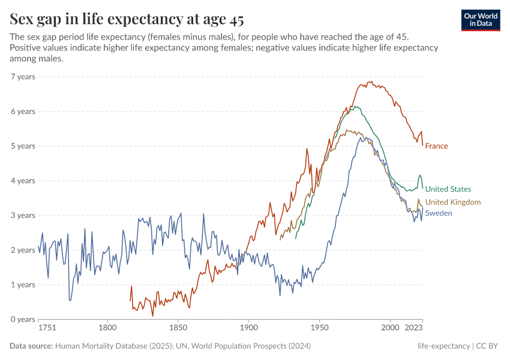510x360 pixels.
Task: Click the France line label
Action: pos(436,146)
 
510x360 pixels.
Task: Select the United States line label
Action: pos(448,189)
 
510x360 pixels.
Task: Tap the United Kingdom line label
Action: pos(452,202)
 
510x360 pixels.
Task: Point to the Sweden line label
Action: pos(439,213)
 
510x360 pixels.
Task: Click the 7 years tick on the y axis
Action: pos(23,77)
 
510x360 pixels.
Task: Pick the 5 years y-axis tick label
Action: pos(23,146)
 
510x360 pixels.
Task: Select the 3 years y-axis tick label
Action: pos(23,215)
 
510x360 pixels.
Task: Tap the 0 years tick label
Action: pos(23,319)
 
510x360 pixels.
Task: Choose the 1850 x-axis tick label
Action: pos(178,329)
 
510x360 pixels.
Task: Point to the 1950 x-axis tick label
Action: pos(319,329)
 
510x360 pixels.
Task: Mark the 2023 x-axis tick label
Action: pos(413,329)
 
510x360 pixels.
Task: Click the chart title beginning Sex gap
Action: pos(127,20)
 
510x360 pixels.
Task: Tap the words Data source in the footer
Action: pos(31,346)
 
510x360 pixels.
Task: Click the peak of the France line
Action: pos(370,82)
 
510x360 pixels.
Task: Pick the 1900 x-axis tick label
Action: pos(248,329)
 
